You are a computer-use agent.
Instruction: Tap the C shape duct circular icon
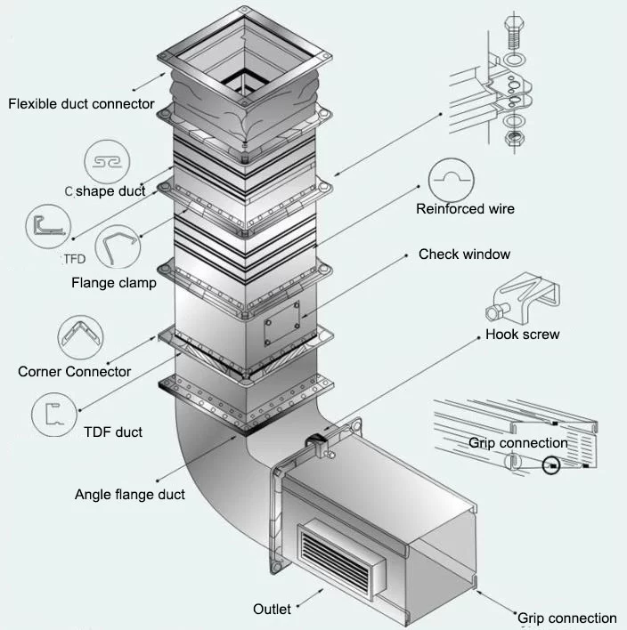pyautogui.click(x=107, y=161)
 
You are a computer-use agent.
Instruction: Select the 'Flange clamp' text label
pyautogui.click(x=114, y=284)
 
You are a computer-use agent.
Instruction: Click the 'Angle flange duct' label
pyautogui.click(x=130, y=494)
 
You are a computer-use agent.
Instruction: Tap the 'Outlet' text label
pyautogui.click(x=272, y=610)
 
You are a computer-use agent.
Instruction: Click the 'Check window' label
pyautogui.click(x=464, y=254)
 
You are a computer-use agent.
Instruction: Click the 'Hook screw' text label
pyautogui.click(x=522, y=335)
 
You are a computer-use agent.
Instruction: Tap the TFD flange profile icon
pyautogui.click(x=47, y=226)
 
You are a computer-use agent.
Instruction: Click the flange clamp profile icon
pyautogui.click(x=116, y=248)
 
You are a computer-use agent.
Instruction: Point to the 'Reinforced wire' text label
pyautogui.click(x=465, y=209)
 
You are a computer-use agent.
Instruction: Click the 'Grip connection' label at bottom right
pyautogui.click(x=566, y=618)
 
